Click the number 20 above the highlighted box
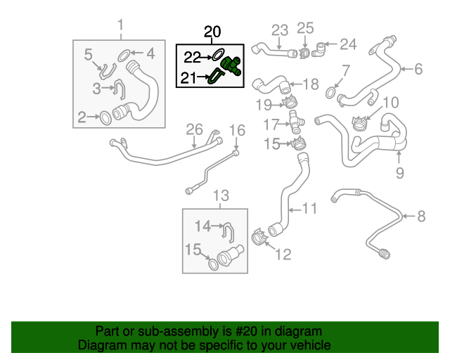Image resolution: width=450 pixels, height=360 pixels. (x=212, y=32)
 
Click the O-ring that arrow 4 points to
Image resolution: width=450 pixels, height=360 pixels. (x=123, y=53)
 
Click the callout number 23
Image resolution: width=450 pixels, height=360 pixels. (x=280, y=30)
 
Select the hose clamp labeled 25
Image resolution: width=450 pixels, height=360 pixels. (x=304, y=51)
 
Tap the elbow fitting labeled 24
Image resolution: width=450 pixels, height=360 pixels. (x=321, y=49)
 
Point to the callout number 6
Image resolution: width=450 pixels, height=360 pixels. (x=418, y=69)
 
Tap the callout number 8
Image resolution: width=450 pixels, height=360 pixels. (x=421, y=216)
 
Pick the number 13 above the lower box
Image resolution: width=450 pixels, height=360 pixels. (x=221, y=195)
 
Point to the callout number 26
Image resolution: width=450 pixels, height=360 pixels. (x=193, y=129)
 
